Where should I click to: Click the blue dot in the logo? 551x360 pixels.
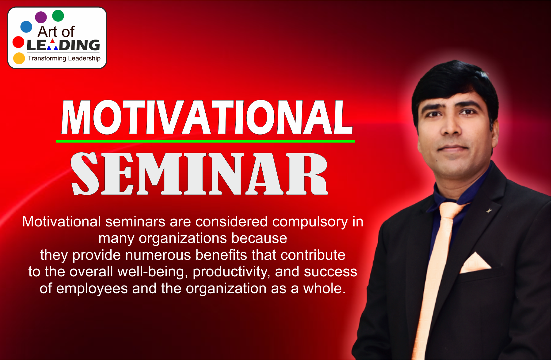(26, 27)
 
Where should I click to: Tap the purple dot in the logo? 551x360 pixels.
(41, 17)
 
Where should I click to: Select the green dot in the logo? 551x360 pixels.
(58, 16)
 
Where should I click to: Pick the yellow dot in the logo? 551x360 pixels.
(19, 58)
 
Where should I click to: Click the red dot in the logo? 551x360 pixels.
(18, 42)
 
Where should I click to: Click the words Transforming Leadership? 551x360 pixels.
(64, 58)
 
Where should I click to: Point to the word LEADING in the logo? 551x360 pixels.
(63, 45)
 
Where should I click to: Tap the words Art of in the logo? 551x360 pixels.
(56, 32)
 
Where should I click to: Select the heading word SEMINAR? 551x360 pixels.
(199, 174)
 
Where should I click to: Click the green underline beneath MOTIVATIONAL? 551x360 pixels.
(205, 141)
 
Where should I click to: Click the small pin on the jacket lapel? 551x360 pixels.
(488, 210)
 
